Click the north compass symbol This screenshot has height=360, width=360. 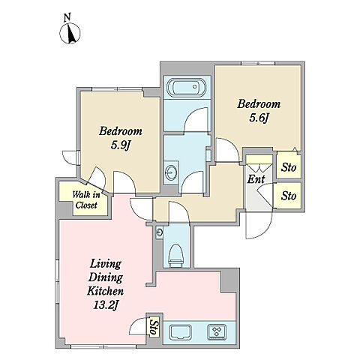70,33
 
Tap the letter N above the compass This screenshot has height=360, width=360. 67,17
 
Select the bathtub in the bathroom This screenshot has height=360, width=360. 187,88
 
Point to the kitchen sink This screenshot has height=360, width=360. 181,332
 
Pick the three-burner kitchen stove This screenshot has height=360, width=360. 217,332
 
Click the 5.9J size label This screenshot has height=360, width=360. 121,145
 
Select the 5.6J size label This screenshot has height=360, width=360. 259,118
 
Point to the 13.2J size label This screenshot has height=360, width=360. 106,305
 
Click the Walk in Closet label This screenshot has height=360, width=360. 86,200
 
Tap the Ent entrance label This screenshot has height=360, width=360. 256,179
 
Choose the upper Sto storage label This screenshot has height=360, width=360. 289,167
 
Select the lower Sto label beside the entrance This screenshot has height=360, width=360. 289,196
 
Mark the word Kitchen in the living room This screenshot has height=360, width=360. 105,291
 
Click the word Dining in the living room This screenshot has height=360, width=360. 106,277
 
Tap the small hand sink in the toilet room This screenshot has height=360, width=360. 159,232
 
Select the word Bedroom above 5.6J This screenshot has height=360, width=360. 259,104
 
